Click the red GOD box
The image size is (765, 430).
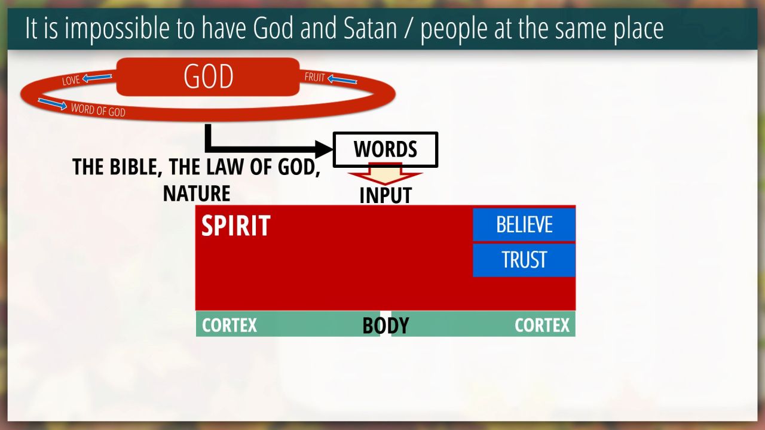(x=208, y=76)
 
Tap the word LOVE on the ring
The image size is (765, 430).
(x=71, y=80)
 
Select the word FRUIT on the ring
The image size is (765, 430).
(x=314, y=77)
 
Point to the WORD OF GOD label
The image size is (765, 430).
(x=98, y=110)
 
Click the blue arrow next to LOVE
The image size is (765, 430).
(x=97, y=78)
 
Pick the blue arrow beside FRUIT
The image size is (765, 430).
(x=342, y=79)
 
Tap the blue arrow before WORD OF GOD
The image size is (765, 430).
(x=52, y=104)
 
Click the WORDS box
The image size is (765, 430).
(x=385, y=149)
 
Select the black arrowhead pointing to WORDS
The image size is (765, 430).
(x=323, y=149)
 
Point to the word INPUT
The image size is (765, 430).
(x=385, y=195)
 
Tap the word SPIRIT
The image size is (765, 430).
(x=235, y=225)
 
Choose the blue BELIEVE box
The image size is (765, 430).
(x=524, y=224)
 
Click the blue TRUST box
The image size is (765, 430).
(x=524, y=260)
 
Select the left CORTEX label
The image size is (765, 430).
(x=229, y=325)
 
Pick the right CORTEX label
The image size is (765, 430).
(x=542, y=325)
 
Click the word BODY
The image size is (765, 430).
(x=385, y=325)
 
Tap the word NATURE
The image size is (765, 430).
(x=197, y=193)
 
